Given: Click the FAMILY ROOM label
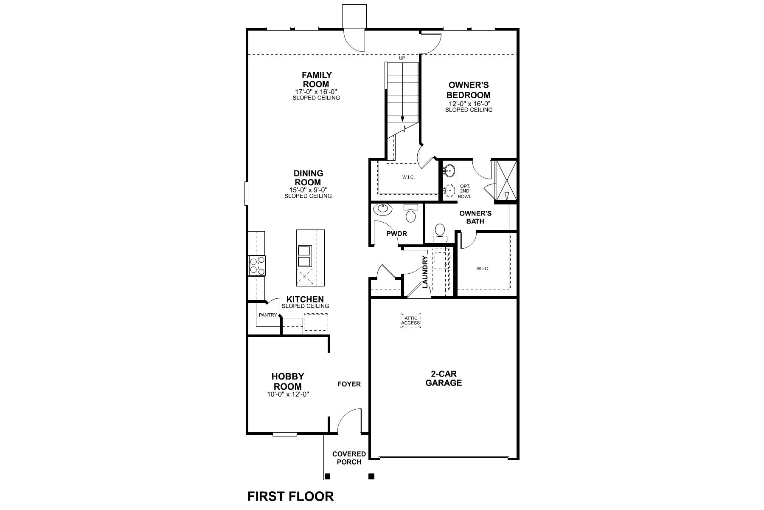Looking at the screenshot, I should pos(316,80).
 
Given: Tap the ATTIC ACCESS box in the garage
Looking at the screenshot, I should pos(410,320).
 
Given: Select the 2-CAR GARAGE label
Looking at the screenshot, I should pos(444,378).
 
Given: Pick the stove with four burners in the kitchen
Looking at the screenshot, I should pos(257,266).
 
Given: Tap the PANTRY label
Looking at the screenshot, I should pos(267,315).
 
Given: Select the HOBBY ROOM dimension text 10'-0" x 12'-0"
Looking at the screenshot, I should pos(288,394).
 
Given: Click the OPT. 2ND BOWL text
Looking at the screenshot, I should pos(464,192).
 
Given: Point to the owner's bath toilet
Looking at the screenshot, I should pos(440,232).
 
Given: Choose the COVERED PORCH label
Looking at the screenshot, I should pos(349,458).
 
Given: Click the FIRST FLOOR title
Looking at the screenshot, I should pos(290,496).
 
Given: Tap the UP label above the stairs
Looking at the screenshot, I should pos(402,58).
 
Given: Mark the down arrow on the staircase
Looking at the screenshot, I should pos(402,119).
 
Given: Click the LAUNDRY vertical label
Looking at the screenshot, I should pos(425,272).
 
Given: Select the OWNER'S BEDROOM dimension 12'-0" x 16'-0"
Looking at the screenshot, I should pos(469,104).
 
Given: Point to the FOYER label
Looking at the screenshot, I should pos(349,384).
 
